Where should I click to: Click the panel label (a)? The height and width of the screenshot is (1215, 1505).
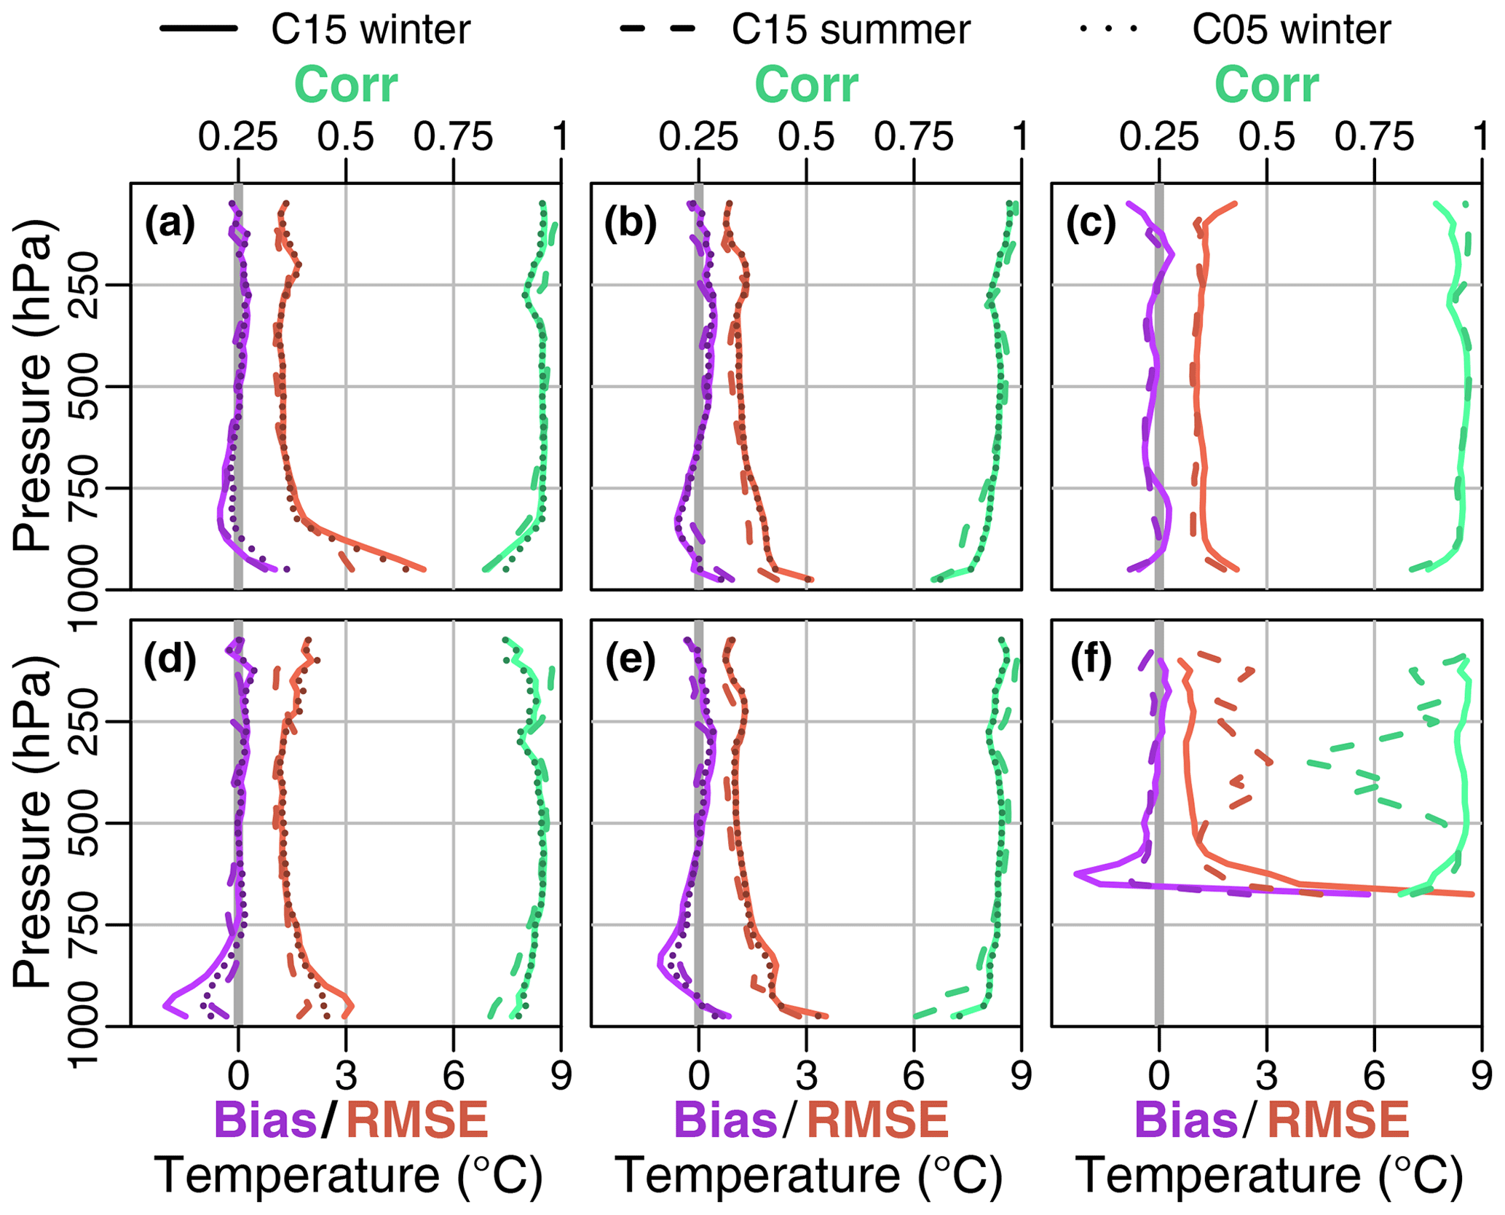(170, 224)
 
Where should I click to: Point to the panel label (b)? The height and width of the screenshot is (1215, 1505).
(631, 224)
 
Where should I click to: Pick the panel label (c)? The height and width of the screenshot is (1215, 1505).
(1091, 224)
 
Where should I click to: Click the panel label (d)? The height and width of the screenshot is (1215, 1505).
(170, 661)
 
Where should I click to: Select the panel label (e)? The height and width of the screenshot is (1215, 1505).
(631, 661)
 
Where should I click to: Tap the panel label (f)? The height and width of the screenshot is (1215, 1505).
(1091, 661)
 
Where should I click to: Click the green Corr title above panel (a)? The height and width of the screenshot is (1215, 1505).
(346, 85)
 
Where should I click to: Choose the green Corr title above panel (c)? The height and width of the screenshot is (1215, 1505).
(1266, 85)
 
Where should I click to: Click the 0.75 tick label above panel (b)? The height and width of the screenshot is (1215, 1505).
(914, 137)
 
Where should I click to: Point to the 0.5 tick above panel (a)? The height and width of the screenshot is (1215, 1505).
(346, 137)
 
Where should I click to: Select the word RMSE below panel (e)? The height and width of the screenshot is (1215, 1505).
(878, 1120)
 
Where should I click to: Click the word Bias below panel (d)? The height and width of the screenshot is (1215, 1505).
(266, 1120)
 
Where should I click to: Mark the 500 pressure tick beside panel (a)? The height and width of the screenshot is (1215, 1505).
(87, 387)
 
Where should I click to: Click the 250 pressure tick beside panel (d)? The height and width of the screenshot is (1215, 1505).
(87, 722)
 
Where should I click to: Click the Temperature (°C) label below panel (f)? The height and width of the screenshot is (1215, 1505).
(1269, 1175)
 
